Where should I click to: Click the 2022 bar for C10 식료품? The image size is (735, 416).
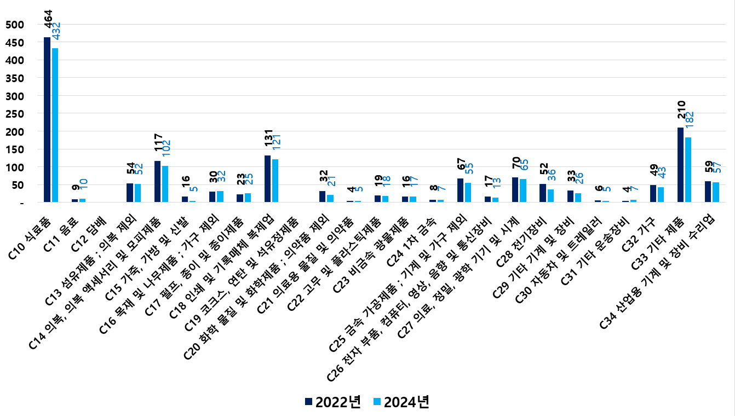47,119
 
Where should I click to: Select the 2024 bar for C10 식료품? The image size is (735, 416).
55,125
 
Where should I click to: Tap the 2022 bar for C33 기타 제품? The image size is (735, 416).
680,165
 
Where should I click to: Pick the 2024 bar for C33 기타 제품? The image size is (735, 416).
688,170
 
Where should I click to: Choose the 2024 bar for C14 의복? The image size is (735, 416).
165,184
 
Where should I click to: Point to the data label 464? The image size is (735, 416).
48,20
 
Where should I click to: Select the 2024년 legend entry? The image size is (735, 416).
401,402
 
